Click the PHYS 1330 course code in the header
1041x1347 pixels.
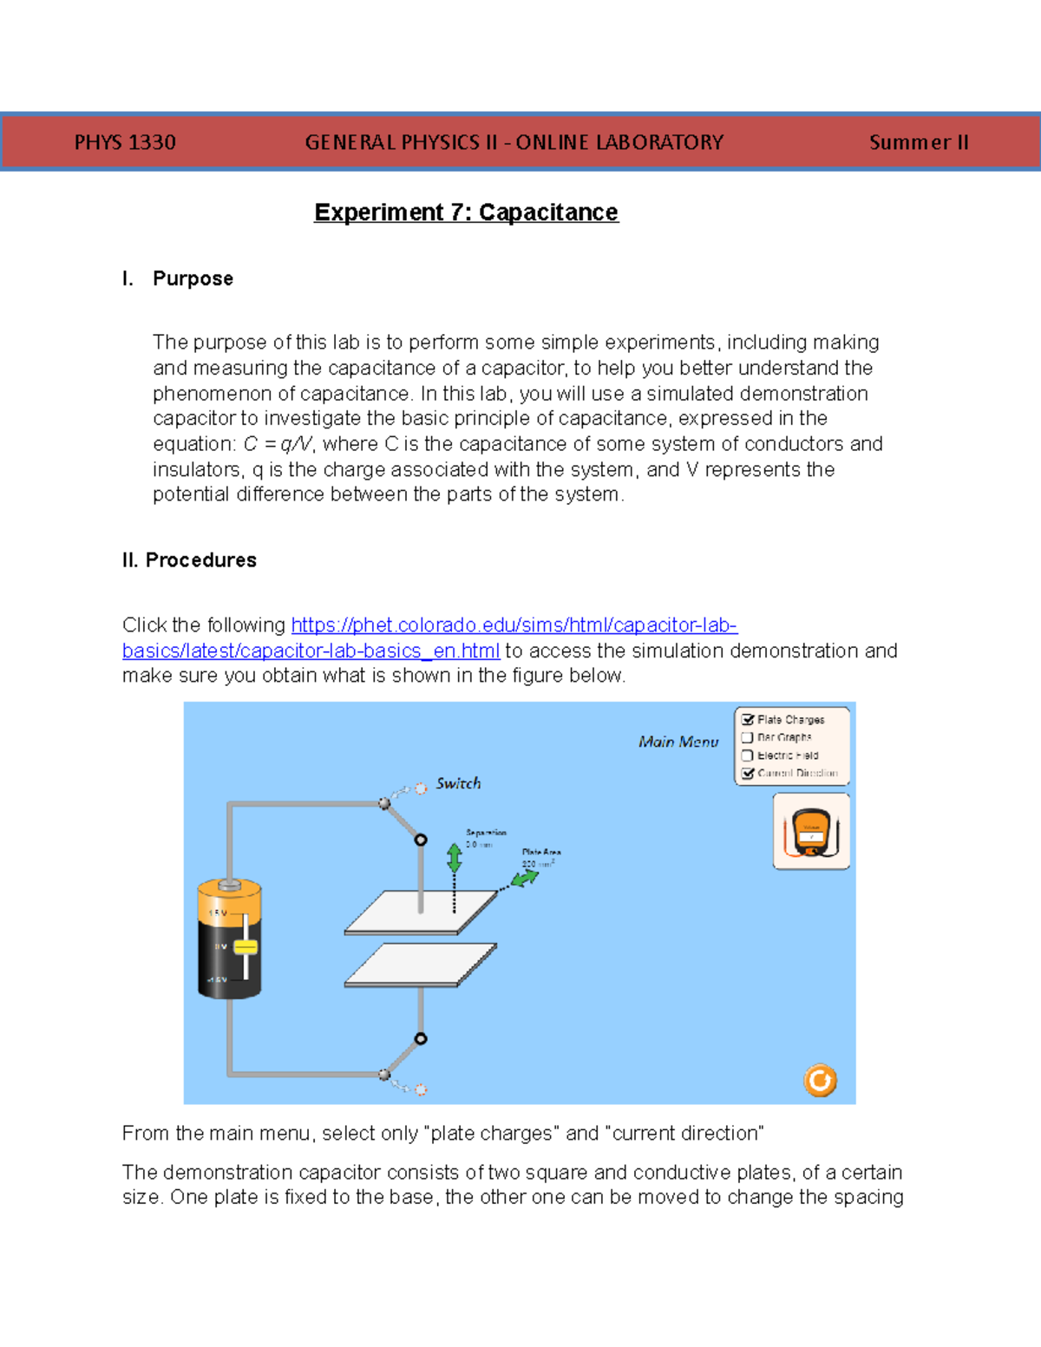[x=125, y=142]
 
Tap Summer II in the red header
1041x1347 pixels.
[x=918, y=142]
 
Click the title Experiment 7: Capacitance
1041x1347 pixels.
[x=466, y=213]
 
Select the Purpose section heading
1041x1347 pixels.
[x=193, y=278]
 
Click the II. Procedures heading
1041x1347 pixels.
[x=189, y=560]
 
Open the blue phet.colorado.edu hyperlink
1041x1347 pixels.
[x=514, y=625]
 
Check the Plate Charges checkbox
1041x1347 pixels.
[x=747, y=720]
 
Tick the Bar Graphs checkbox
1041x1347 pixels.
[x=747, y=737]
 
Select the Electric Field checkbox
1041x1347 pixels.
[x=747, y=755]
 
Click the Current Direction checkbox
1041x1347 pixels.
[x=747, y=773]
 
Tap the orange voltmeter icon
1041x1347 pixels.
[x=811, y=832]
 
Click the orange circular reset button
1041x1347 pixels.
[x=820, y=1081]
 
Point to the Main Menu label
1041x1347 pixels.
[x=678, y=742]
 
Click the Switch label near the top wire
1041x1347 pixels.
[x=458, y=783]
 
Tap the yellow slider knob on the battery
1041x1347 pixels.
[x=246, y=947]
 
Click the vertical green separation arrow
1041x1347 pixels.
[x=454, y=858]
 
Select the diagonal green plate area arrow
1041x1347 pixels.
[x=524, y=879]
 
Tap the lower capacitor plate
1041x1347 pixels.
[x=421, y=964]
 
